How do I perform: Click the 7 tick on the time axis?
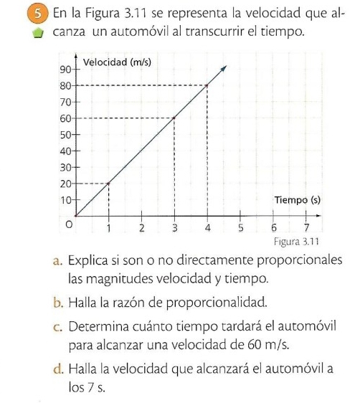pos(307,229)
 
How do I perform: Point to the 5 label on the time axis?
pos(241,229)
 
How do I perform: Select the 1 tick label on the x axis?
pos(108,229)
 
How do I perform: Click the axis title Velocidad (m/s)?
pos(118,62)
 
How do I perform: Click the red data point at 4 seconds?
pos(207,85)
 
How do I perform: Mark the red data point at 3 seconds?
pos(174,118)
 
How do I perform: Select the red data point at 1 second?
pos(108,184)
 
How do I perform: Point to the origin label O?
pos(70,226)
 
